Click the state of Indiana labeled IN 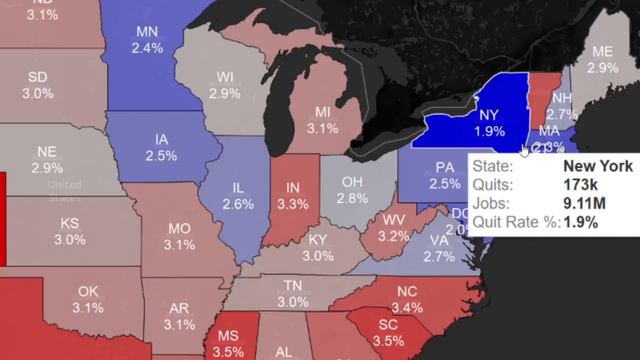point(292,188)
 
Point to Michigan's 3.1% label point(322,128)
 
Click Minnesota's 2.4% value point(147,48)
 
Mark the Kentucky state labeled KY point(317,240)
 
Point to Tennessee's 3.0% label point(293,301)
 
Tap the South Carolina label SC point(388,325)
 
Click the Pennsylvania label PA point(445,167)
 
